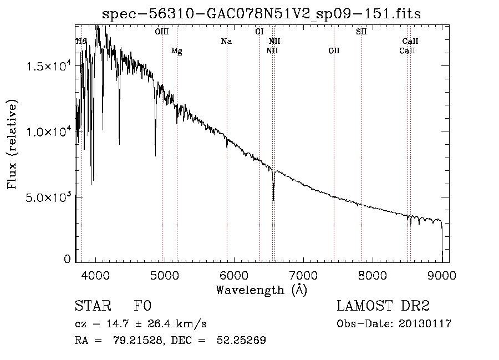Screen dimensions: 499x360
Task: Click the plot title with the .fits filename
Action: pos(261,14)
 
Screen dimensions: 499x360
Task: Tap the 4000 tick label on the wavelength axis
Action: pos(95,276)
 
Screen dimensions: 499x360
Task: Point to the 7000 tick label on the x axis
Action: pos(303,276)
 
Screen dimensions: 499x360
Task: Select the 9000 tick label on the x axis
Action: pos(442,276)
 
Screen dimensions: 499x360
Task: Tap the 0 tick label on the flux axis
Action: pos(67,259)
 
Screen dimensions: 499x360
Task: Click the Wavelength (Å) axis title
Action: pos(262,290)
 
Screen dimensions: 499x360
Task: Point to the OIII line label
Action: pos(162,32)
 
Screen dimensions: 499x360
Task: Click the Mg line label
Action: pos(177,51)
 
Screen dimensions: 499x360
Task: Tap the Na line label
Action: pos(227,42)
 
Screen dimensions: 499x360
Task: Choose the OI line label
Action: pos(259,32)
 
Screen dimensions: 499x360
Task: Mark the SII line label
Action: pos(361,32)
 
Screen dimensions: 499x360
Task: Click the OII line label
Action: pos(334,50)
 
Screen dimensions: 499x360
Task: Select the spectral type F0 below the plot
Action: pos(142,306)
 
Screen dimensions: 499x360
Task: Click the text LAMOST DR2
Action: pos(383,306)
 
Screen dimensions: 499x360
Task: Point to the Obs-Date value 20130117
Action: pos(425,324)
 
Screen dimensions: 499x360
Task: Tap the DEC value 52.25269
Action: pos(241,340)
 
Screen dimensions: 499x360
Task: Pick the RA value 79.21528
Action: pos(138,340)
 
